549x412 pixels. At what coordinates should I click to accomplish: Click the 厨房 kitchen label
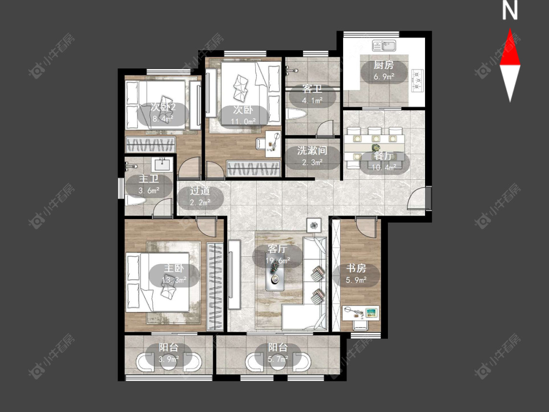click(x=384, y=65)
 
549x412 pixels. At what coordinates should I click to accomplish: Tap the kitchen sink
click(x=384, y=45)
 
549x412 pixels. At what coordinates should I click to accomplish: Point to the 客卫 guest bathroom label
click(x=312, y=89)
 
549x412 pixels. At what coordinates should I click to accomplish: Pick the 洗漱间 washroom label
click(x=312, y=151)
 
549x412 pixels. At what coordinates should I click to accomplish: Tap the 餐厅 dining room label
click(x=384, y=156)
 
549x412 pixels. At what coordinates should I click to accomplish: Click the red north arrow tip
click(x=510, y=29)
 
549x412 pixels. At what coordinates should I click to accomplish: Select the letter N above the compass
click(x=510, y=10)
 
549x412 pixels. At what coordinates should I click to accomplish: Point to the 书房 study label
click(x=356, y=268)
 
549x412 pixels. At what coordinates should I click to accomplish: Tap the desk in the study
click(x=361, y=312)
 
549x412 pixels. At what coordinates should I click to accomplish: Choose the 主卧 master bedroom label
click(x=174, y=268)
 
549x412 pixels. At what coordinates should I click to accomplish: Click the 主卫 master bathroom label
click(x=148, y=179)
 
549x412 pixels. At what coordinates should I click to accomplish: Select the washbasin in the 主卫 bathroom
click(x=162, y=163)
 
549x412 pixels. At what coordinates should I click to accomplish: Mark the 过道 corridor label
click(x=200, y=191)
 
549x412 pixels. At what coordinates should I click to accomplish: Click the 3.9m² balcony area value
click(x=169, y=359)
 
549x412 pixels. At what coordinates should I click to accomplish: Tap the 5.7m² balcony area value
click(x=278, y=359)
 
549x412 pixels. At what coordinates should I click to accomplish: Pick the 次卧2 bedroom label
click(x=163, y=107)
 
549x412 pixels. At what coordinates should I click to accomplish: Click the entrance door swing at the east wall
click(x=417, y=198)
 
